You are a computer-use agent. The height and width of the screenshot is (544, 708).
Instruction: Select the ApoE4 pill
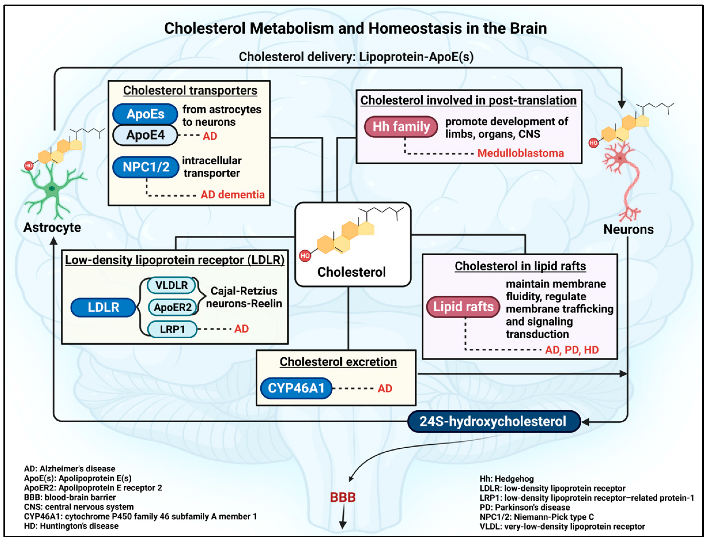click(145, 135)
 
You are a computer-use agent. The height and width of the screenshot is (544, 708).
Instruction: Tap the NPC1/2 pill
click(146, 167)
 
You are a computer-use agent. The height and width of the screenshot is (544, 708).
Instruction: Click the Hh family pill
click(401, 126)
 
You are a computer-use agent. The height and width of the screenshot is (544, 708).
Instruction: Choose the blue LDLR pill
click(103, 307)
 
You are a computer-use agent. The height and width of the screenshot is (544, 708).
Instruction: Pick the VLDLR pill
click(171, 285)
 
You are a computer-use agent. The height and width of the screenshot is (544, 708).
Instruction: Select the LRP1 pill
click(172, 329)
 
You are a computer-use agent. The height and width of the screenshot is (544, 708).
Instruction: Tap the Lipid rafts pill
click(463, 306)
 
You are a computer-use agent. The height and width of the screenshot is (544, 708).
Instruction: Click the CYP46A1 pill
click(296, 388)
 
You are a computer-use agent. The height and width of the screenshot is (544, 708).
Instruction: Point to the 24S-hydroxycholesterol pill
click(493, 421)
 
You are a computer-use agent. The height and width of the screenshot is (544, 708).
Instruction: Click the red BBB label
click(343, 497)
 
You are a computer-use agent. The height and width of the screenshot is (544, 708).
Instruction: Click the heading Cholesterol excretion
click(338, 362)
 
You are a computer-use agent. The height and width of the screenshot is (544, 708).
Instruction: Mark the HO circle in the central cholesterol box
click(304, 256)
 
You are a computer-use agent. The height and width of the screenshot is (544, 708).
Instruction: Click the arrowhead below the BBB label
click(343, 525)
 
